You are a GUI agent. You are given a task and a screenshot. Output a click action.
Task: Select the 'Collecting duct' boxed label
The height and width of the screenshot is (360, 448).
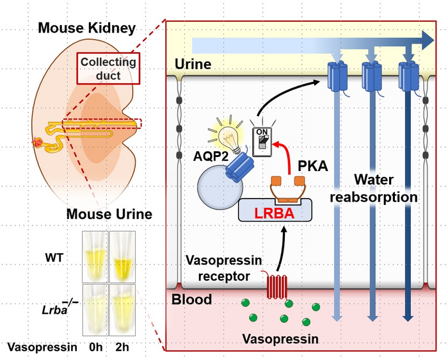coord(108,69)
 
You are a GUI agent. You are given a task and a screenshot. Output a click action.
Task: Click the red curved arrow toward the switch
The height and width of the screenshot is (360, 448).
coord(286,160)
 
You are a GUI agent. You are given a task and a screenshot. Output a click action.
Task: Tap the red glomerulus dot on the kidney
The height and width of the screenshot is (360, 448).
coord(38,142)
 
